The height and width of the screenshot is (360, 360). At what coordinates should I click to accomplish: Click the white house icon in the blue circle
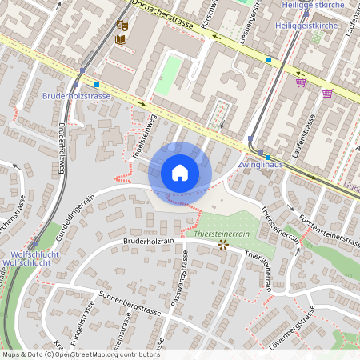[x=180, y=172]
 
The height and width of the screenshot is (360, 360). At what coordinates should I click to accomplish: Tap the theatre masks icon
[x=122, y=25]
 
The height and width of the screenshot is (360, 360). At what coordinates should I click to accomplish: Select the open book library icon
[x=121, y=39]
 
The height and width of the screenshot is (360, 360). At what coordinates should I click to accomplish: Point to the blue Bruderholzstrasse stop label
[x=76, y=96]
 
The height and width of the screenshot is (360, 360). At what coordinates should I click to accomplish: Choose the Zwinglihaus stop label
[x=261, y=165]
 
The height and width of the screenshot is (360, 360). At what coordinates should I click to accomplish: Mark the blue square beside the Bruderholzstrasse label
[x=97, y=84]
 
